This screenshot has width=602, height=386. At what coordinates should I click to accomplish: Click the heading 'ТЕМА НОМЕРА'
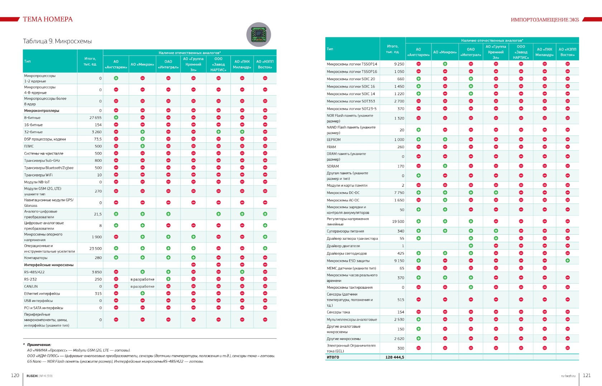48,19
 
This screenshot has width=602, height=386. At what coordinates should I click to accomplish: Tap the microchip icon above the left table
258,35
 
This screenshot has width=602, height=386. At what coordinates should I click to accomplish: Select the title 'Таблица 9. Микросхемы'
57,41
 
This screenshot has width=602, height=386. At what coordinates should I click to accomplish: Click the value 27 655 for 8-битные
95,118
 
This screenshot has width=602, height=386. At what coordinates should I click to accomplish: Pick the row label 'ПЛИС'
29,146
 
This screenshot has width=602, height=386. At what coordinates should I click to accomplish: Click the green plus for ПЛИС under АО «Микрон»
143,146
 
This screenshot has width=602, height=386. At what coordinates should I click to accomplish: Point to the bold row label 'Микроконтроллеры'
42,111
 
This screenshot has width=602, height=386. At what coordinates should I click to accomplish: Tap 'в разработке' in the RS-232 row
143,279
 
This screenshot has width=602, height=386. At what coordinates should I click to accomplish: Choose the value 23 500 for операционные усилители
95,248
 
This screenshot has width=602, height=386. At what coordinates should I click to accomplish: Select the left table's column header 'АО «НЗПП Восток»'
265,64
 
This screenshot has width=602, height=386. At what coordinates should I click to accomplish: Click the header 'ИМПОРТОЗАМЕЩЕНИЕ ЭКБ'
545,20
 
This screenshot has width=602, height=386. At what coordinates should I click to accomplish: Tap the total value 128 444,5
395,357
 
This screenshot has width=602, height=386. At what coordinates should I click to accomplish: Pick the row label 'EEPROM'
334,140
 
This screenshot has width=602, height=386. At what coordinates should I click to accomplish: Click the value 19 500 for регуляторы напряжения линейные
398,221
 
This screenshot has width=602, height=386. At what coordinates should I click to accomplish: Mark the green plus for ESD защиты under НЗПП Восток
568,260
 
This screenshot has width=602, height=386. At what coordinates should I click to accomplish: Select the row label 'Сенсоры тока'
338,312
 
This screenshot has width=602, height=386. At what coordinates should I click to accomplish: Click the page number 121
587,375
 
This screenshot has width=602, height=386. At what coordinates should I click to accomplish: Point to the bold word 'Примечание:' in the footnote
39,345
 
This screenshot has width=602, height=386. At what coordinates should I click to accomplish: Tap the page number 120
15,375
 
